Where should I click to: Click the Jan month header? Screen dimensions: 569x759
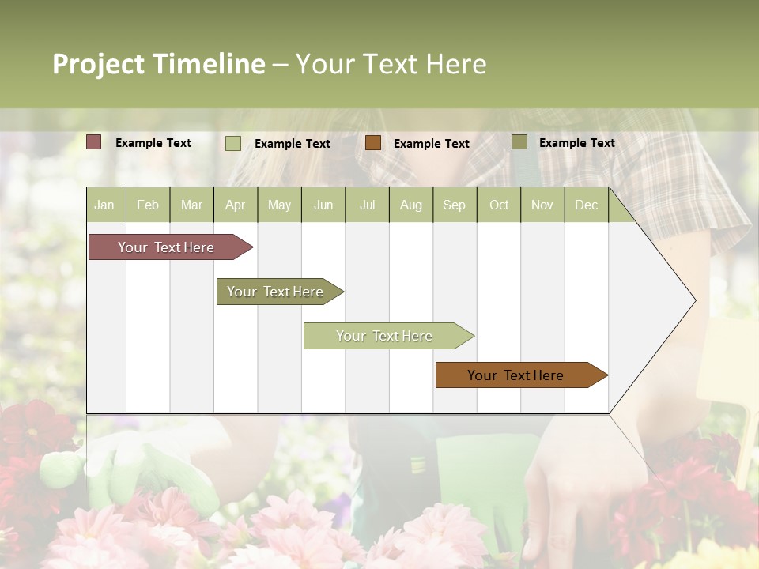pyautogui.click(x=104, y=205)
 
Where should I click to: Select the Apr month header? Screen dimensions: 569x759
pyautogui.click(x=236, y=205)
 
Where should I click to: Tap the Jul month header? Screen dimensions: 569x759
pyautogui.click(x=367, y=205)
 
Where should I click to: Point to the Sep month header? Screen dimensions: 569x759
pyautogui.click(x=454, y=205)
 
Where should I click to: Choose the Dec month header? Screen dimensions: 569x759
pyautogui.click(x=586, y=205)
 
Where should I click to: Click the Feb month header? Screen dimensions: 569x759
pyautogui.click(x=148, y=205)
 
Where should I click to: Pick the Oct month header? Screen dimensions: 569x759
pyautogui.click(x=499, y=205)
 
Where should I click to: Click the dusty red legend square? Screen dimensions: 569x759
pyautogui.click(x=94, y=142)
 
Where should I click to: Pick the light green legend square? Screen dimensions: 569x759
pyautogui.click(x=233, y=143)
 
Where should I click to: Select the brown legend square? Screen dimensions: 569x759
pyautogui.click(x=373, y=143)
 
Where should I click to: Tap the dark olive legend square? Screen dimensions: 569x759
pyautogui.click(x=519, y=142)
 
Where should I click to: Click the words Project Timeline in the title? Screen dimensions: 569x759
pyautogui.click(x=159, y=64)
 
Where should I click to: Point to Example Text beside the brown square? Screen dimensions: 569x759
pyautogui.click(x=431, y=144)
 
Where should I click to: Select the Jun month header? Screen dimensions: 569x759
pyautogui.click(x=323, y=205)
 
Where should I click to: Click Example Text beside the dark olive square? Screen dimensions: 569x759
pyautogui.click(x=576, y=143)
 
